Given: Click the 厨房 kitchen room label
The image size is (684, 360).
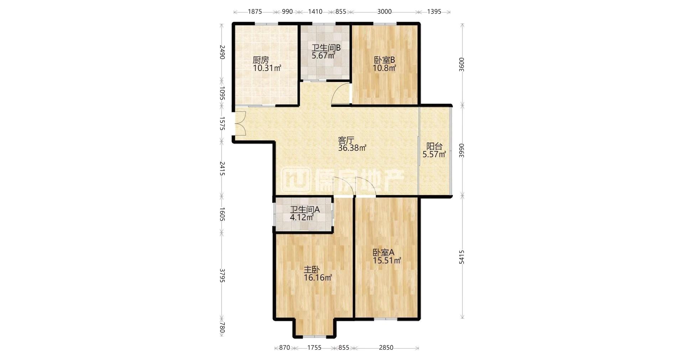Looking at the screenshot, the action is coord(261,60).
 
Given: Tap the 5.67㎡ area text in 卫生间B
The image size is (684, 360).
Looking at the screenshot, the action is coord(323,56).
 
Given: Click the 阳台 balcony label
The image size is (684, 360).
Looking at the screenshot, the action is coord(435,146).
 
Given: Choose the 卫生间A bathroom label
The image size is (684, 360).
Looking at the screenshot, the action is coord(305,210).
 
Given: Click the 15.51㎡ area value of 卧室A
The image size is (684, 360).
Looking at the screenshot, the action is coord(387,261).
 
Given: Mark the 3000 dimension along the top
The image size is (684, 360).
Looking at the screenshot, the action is coord(384,11).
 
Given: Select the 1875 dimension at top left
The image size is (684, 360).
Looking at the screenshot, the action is coord(255,11).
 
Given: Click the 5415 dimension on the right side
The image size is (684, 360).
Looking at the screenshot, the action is coord(462,257).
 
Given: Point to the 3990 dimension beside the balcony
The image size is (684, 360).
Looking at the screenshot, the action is coord(462,150).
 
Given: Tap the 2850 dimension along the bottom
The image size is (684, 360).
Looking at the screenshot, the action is coord(386,348).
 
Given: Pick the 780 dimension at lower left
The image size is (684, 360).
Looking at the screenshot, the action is coord(222,328).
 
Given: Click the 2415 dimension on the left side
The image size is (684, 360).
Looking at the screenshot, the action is coord(222,168).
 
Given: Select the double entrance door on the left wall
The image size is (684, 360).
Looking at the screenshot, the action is coord(239,123).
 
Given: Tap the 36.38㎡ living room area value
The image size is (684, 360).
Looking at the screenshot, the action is coord(352,148).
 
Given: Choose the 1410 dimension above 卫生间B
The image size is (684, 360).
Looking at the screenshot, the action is coord(315,11).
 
